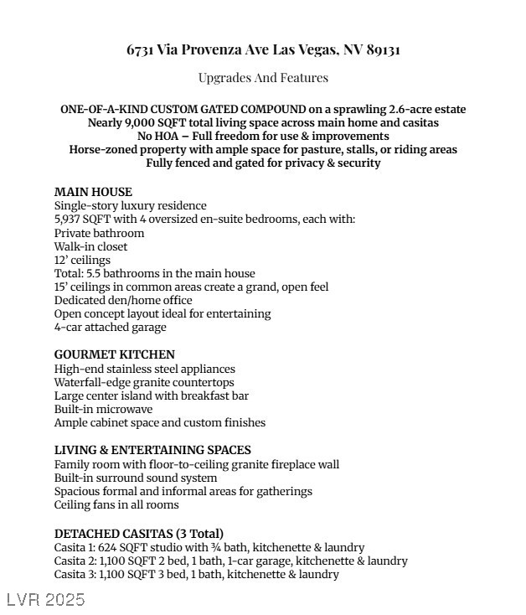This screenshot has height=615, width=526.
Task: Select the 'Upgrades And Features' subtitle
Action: (263, 78)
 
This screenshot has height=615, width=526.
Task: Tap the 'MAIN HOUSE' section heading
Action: (93, 192)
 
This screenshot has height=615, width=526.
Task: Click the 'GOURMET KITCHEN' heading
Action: (115, 354)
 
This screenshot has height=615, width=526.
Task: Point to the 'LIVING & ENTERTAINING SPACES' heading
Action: (152, 450)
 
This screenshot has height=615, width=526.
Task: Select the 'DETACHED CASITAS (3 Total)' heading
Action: (139, 534)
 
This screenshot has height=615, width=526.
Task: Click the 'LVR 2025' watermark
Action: (46, 600)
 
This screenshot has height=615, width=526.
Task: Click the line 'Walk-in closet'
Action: (91, 246)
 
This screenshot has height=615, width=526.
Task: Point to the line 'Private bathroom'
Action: (99, 233)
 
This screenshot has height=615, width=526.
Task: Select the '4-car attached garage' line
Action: (111, 328)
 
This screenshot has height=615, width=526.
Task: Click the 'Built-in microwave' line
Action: (103, 410)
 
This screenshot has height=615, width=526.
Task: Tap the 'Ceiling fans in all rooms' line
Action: (116, 505)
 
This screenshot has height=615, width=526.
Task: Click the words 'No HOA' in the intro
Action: (156, 137)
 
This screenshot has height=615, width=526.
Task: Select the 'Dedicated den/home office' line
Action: (123, 300)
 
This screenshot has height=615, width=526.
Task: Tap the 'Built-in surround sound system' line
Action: (136, 478)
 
